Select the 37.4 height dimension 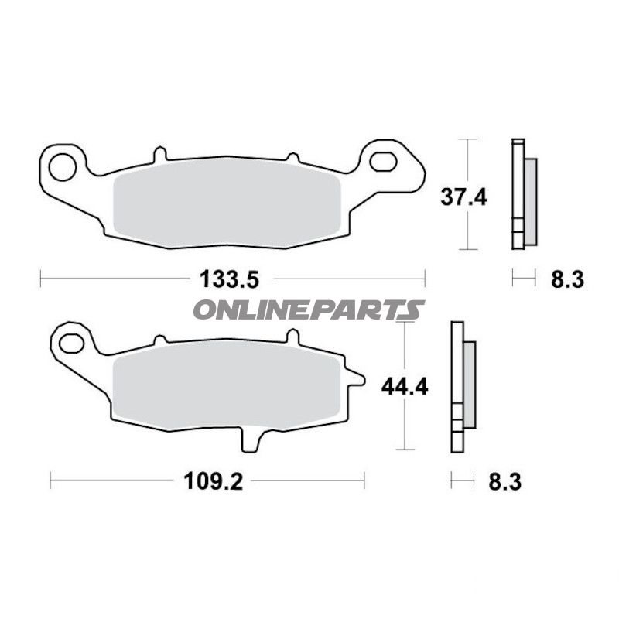click(464, 197)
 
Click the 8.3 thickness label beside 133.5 click(567, 279)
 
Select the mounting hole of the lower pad click(70, 340)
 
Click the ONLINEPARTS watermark click(308, 310)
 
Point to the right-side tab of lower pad click(355, 378)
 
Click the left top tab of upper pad click(160, 154)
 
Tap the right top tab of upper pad click(293, 156)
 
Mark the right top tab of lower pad click(292, 337)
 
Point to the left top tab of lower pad click(159, 340)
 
